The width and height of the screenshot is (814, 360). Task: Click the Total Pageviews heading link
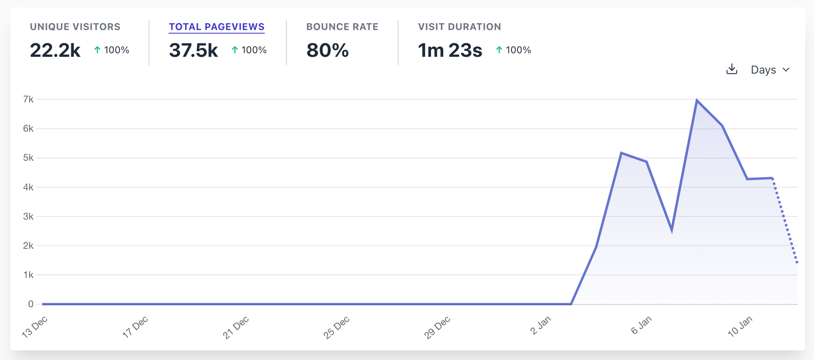coord(217,27)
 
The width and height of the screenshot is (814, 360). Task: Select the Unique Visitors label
coord(75,27)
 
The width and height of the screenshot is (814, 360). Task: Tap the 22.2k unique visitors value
coord(55,50)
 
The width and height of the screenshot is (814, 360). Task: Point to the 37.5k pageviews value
coord(193,50)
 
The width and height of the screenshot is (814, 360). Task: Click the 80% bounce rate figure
coord(327,50)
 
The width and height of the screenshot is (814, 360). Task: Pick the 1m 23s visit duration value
coord(450,50)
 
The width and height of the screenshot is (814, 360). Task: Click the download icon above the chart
coord(731,69)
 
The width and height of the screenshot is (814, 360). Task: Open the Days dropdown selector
coord(770,70)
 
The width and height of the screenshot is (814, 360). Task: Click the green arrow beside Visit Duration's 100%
coord(499,50)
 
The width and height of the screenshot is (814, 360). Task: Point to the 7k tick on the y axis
coord(28,99)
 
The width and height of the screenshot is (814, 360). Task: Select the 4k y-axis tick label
coord(28,187)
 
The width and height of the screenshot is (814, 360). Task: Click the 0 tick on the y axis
coord(31,304)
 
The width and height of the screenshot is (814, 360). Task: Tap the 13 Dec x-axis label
coord(35,327)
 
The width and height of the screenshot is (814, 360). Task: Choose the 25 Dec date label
coord(336,327)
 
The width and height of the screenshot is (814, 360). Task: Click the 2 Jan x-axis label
coord(540,325)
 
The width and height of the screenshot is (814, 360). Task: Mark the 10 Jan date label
coord(740,326)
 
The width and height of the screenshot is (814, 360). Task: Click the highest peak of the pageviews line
coord(697,100)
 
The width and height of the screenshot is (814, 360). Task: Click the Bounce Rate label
coord(342,27)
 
